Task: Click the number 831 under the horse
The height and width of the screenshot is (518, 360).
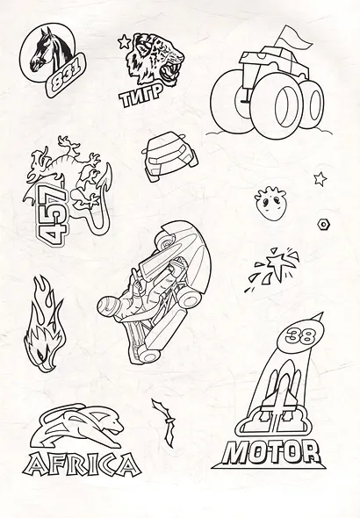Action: click(x=65, y=76)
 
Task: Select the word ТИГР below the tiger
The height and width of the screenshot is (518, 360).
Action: click(x=141, y=96)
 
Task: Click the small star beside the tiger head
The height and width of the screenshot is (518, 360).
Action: click(x=124, y=41)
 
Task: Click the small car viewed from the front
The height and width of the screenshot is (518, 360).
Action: click(x=169, y=155)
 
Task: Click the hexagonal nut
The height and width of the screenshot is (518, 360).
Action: click(x=323, y=224)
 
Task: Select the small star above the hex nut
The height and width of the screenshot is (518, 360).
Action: click(x=320, y=179)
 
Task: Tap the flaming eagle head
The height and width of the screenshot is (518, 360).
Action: click(x=44, y=326)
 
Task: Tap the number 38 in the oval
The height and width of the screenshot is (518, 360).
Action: click(x=300, y=337)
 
